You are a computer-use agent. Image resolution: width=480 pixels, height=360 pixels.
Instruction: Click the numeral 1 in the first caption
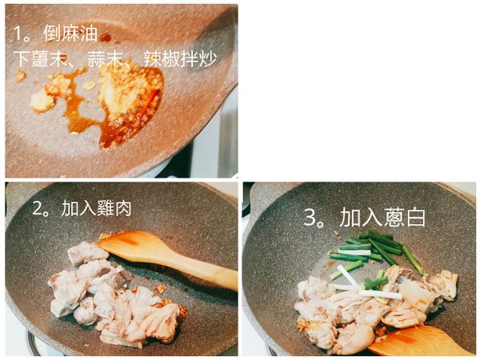click(x=17, y=35)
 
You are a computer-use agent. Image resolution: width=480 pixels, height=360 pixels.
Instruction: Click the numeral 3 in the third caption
click(x=310, y=218)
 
